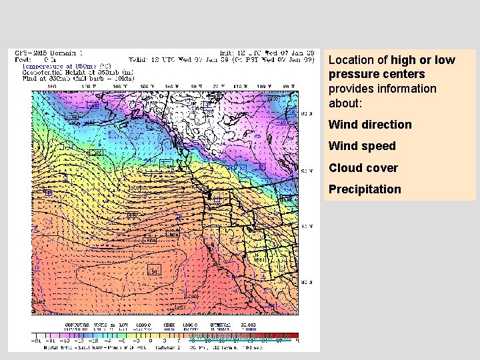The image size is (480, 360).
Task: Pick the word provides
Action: (x=350, y=89)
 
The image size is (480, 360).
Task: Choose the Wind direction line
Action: (x=370, y=125)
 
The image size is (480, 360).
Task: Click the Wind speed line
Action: (x=362, y=146)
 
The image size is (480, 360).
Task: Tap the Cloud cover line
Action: (x=363, y=168)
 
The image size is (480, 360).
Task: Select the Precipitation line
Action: (x=365, y=189)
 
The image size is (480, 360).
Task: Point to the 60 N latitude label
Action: (x=307, y=113)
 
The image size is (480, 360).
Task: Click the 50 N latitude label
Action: (x=307, y=171)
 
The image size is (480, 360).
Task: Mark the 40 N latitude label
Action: (x=307, y=227)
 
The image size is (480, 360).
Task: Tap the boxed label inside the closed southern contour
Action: (x=154, y=271)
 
